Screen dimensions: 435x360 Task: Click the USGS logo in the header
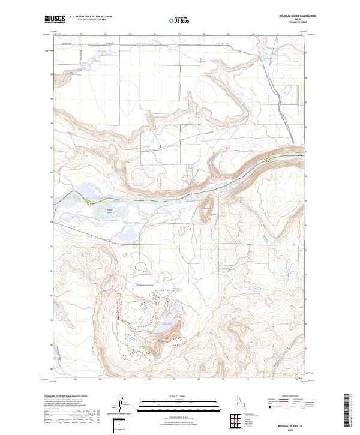click(x=55, y=19)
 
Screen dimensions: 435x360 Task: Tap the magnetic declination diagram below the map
click(x=122, y=405)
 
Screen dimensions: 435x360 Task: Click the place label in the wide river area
click(x=109, y=209)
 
